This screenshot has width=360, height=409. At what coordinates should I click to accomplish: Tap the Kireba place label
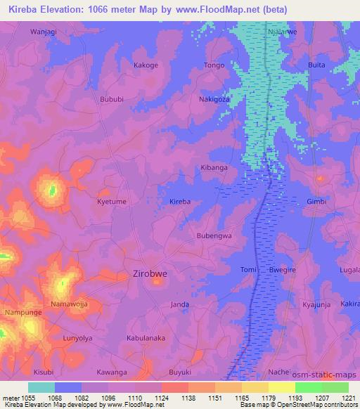pos(180,202)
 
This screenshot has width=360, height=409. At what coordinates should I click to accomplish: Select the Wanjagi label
pos(43,32)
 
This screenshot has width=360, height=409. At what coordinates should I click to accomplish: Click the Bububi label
pos(112,100)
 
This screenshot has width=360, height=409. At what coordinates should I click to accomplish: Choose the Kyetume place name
pos(111,202)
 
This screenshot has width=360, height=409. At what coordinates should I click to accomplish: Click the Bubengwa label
pos(214,236)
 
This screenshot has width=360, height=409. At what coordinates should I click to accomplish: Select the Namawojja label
pos(69,304)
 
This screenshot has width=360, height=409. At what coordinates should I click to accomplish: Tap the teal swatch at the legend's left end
pos(41,387)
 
